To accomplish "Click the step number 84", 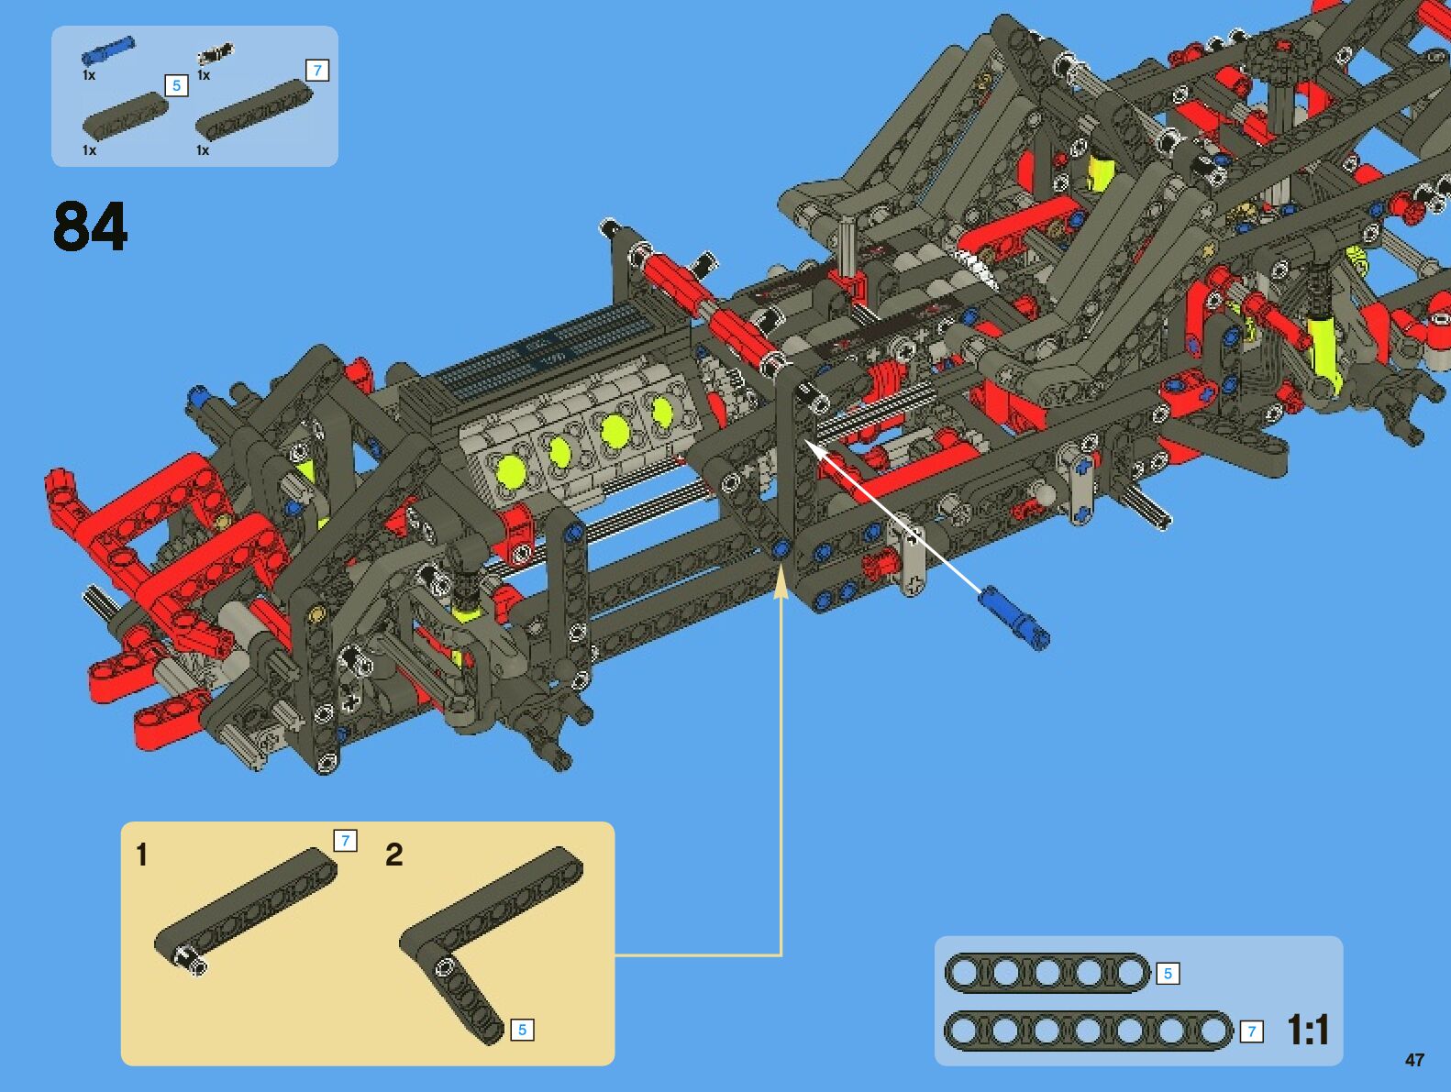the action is [x=90, y=226].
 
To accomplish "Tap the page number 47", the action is [x=1414, y=1060].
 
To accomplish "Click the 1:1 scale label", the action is [x=1307, y=1030].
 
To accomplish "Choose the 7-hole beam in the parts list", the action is [x=253, y=110].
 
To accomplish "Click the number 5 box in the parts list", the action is [x=176, y=85].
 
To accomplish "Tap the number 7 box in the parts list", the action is [x=317, y=71].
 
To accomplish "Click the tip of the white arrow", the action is [x=807, y=443].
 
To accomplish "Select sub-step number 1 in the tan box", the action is [x=141, y=855].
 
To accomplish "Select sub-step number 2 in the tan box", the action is [x=393, y=855].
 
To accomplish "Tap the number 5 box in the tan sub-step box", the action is [x=522, y=1030].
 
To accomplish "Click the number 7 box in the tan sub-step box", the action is [x=345, y=841].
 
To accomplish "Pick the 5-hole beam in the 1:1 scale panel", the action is [x=1047, y=973].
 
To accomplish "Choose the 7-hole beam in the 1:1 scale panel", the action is [x=1088, y=1031].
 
